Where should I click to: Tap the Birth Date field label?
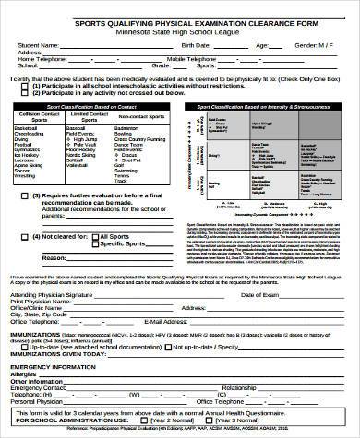coord(199,44)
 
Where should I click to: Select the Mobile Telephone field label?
coord(218,59)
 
